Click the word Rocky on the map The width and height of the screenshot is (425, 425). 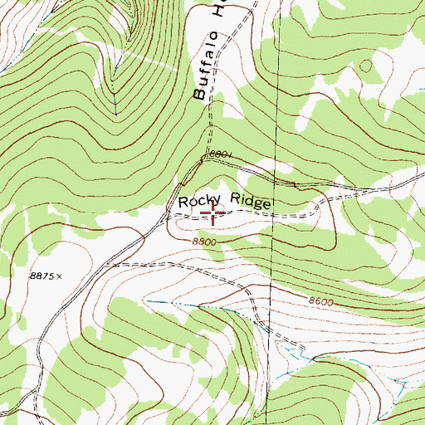(x=198, y=202)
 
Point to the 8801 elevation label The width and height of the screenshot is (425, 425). (x=223, y=155)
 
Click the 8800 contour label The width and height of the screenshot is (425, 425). (x=203, y=241)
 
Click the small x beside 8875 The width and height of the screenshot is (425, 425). (x=60, y=276)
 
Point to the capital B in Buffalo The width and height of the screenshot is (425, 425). (x=200, y=93)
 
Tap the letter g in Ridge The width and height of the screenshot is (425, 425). (x=257, y=203)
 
